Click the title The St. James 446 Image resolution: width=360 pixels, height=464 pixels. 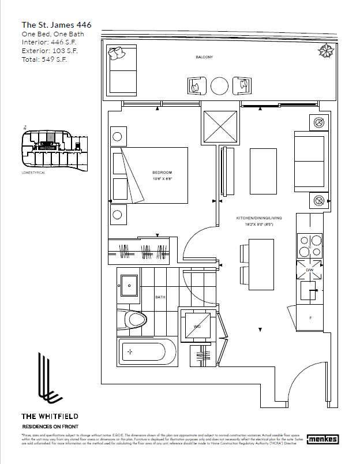[56, 25]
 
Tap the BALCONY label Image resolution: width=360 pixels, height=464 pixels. [204, 57]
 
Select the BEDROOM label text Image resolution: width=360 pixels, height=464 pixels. [162, 173]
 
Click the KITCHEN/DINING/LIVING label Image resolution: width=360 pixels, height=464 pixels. [259, 218]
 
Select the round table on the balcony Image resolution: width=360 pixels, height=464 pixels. [220, 87]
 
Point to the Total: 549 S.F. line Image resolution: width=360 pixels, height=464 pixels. [44, 59]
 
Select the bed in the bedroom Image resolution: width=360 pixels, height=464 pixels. [151, 175]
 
